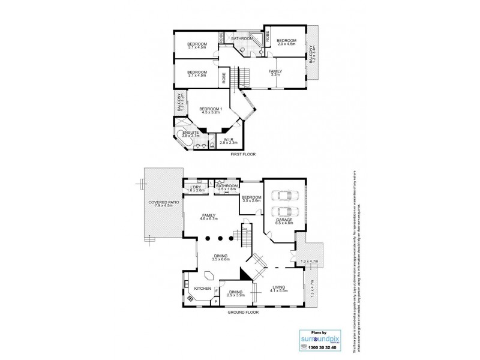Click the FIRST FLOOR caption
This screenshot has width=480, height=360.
click(x=244, y=155)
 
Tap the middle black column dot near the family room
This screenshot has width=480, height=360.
click(x=219, y=238)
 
